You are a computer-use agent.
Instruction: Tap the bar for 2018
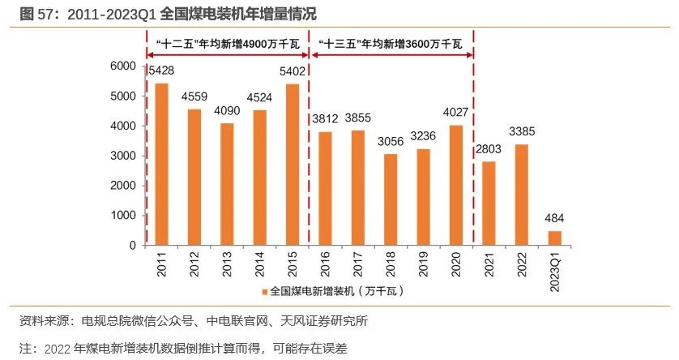point(391,199)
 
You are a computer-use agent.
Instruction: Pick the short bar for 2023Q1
point(554,238)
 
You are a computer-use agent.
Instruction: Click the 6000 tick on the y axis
point(122,66)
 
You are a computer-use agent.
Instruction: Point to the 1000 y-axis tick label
point(122,216)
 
